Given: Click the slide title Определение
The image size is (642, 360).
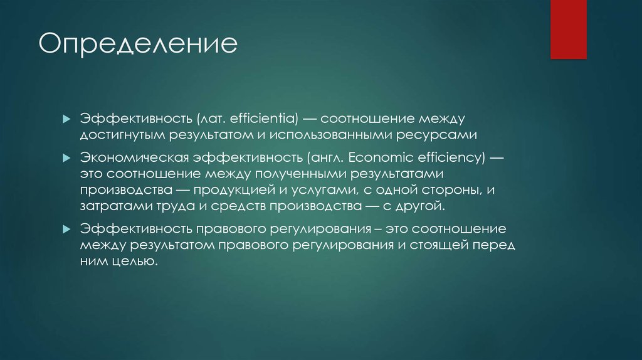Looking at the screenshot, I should point(138,45).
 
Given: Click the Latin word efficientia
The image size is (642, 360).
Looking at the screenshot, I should point(265,118).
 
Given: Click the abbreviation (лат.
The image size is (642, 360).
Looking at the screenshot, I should point(212,118).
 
